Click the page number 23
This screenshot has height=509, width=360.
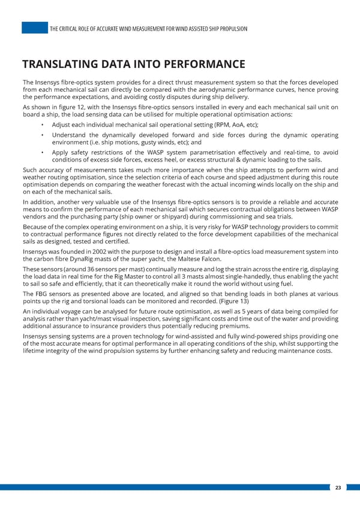point(338,488)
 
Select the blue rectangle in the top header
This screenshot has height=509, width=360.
point(34,28)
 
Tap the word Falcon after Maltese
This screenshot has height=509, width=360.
point(208,259)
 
